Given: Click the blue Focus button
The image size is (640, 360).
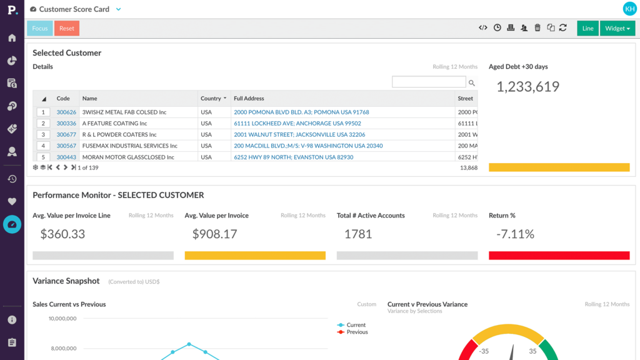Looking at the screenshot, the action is click(x=39, y=28).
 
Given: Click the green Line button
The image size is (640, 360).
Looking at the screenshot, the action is click(x=587, y=28).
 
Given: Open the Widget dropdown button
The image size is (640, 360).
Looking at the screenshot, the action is click(x=617, y=28).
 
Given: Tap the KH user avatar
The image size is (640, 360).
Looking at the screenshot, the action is click(x=629, y=9).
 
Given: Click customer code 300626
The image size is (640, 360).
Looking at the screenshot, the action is click(x=66, y=112).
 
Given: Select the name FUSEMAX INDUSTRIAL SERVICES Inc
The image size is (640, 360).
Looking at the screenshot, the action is click(x=130, y=146).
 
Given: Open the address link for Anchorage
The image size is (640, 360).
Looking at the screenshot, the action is click(x=297, y=123).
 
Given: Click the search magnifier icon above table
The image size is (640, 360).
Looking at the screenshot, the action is click(x=471, y=83).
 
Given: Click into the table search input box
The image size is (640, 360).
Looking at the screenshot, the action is click(x=429, y=82).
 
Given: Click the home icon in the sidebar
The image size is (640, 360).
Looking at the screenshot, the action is click(x=12, y=38).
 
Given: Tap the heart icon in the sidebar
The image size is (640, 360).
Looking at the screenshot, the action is click(x=12, y=201).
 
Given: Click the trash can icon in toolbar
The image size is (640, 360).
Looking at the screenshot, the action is click(x=537, y=27).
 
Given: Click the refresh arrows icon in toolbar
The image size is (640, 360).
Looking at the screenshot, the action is click(x=563, y=27).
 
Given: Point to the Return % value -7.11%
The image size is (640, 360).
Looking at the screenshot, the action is click(x=515, y=234).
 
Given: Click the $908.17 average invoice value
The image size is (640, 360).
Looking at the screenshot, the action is click(x=215, y=234).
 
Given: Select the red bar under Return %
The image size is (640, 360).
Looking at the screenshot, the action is click(x=559, y=256).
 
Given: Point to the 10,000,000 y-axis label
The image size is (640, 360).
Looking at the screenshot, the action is click(x=62, y=318).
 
